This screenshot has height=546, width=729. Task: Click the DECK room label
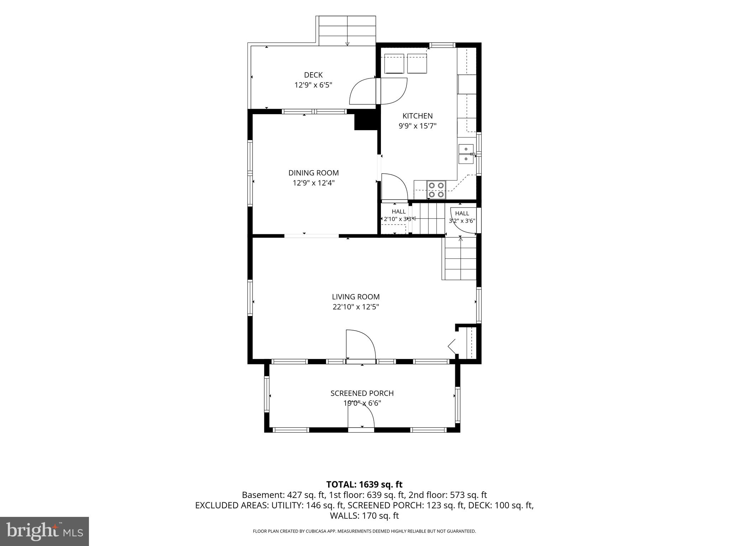point(313,75)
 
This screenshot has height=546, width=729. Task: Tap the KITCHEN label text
point(418,116)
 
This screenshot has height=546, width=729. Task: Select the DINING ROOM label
point(314,173)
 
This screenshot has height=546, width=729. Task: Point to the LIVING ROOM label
point(356,297)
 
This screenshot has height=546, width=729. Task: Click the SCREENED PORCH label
point(362,393)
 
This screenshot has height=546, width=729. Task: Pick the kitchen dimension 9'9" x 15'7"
point(418,126)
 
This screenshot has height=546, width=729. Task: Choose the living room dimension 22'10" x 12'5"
point(356,307)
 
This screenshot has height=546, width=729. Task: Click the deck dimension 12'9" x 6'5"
point(313,85)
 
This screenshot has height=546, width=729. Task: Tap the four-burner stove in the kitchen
point(436,190)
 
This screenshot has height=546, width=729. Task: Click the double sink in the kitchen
point(466,154)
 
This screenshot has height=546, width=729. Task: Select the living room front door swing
point(361,344)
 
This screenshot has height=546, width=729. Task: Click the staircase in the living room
point(459,258)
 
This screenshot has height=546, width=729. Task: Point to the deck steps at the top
point(347,31)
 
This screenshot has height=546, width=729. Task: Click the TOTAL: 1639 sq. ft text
point(364,485)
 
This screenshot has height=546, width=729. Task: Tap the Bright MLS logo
point(44,531)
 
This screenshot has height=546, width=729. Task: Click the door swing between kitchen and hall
point(394,187)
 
